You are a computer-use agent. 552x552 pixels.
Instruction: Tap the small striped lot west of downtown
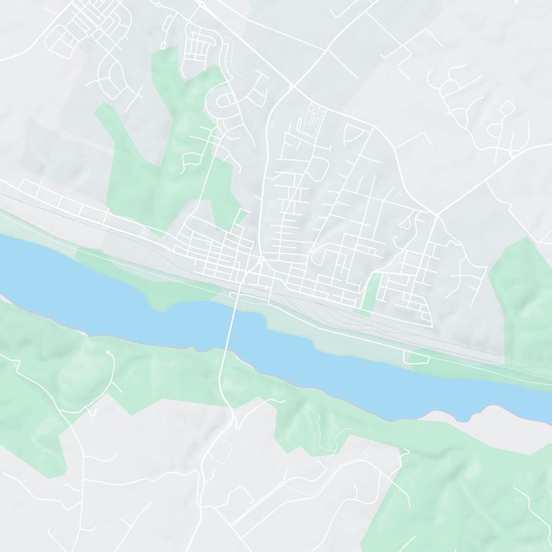tap(144, 230)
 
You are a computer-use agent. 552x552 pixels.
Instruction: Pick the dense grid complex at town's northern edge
tap(312, 119)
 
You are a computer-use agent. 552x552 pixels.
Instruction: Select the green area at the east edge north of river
tap(524, 290)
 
